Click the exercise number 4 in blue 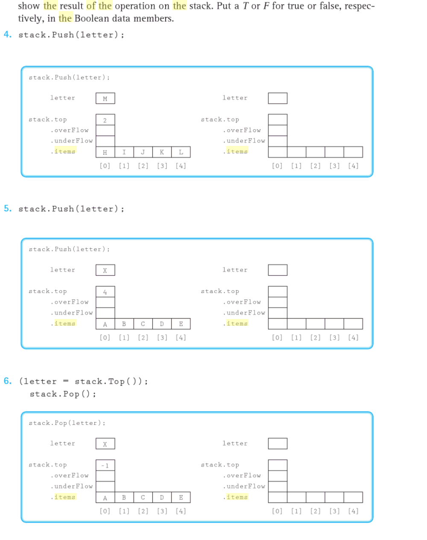(7, 35)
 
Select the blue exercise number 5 (7, 209)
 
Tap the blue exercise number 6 (7, 381)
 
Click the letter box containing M (105, 99)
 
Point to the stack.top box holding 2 (105, 120)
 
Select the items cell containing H (105, 152)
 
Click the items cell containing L (181, 152)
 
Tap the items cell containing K (162, 152)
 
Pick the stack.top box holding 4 (105, 292)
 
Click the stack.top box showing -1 (105, 465)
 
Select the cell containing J (143, 152)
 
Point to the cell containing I (124, 152)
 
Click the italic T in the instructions (246, 6)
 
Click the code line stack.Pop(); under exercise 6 (63, 394)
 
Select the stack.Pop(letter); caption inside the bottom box (67, 423)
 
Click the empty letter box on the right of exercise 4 (278, 99)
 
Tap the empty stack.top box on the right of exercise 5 (278, 292)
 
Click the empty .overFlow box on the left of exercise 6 (105, 476)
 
